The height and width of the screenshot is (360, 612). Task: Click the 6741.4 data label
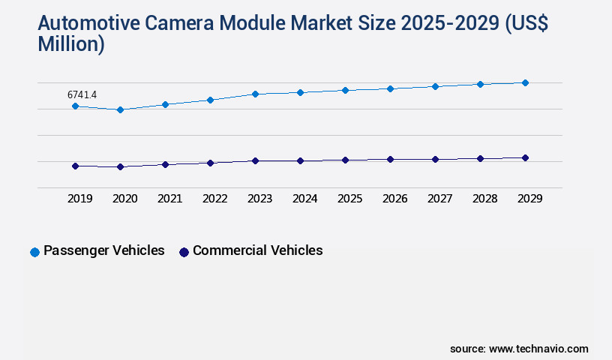82,94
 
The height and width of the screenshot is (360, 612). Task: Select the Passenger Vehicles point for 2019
75,106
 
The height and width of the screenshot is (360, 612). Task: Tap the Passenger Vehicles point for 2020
120,109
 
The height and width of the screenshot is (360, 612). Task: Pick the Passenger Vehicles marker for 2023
255,94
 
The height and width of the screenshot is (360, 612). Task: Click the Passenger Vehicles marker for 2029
525,82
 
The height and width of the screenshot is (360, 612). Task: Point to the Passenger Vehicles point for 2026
390,88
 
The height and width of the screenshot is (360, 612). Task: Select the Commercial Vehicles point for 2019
75,166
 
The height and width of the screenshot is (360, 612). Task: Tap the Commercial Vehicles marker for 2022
210,163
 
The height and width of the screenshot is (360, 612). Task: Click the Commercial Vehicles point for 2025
345,160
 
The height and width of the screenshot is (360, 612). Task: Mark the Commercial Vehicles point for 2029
525,157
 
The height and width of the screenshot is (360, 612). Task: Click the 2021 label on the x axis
169,199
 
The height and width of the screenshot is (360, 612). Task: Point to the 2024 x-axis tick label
304,199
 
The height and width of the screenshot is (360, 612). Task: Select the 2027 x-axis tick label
439,199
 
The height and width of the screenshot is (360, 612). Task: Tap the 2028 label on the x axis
484,199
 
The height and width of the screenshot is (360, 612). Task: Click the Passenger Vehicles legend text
103,250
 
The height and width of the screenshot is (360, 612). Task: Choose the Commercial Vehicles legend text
257,250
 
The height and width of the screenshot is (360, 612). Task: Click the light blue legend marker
34,252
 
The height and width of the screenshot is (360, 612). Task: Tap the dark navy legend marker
184,252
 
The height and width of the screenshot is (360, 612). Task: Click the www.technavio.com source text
538,349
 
